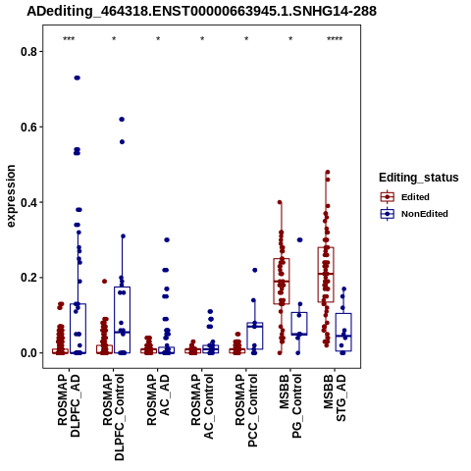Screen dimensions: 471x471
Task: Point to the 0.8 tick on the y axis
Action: pyautogui.click(x=41, y=51)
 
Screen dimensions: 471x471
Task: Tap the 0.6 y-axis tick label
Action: pyautogui.click(x=27, y=127)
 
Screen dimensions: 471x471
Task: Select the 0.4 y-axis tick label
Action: pyautogui.click(x=27, y=202)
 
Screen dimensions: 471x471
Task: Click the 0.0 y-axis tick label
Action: pyautogui.click(x=27, y=353)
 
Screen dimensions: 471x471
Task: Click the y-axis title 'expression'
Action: pyautogui.click(x=11, y=196)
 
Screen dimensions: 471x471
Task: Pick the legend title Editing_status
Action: pyautogui.click(x=419, y=178)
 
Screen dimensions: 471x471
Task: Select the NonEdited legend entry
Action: pyautogui.click(x=414, y=214)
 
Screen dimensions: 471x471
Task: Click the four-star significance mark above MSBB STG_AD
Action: pyautogui.click(x=335, y=39)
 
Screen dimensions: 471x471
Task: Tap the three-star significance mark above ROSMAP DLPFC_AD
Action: pyautogui.click(x=69, y=39)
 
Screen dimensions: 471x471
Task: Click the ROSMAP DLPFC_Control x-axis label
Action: pyautogui.click(x=113, y=417)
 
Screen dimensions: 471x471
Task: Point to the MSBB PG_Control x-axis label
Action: pyautogui.click(x=290, y=406)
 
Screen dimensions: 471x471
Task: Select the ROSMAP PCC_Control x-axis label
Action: pyautogui.click(x=246, y=410)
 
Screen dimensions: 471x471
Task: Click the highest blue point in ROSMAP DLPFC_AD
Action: pyautogui.click(x=78, y=78)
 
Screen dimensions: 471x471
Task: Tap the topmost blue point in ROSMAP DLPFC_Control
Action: pyautogui.click(x=122, y=120)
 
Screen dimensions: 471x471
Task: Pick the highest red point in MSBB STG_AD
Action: pyautogui.click(x=328, y=172)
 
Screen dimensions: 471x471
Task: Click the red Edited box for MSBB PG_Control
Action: pyautogui.click(x=282, y=282)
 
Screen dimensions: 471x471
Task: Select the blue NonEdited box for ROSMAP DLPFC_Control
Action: pyautogui.click(x=123, y=320)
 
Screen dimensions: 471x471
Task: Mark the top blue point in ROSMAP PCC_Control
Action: pyautogui.click(x=255, y=270)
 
